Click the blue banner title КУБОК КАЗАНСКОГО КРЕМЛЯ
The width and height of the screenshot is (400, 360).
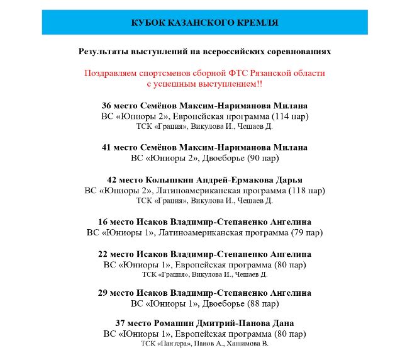coord(204,23)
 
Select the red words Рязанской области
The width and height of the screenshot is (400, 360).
coord(287,73)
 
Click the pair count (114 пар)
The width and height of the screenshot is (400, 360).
coord(288,116)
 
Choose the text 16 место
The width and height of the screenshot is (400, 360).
coord(117,222)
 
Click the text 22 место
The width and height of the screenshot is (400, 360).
coord(117,254)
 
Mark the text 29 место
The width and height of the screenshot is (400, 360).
coord(117,293)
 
